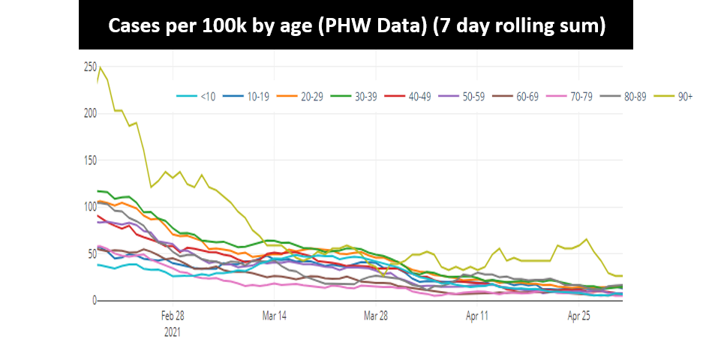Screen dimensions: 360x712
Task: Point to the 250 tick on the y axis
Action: point(89,67)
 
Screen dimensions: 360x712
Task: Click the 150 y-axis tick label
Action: point(89,160)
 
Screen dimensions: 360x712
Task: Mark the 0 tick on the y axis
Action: point(93,301)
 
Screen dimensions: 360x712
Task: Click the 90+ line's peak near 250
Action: point(101,67)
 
